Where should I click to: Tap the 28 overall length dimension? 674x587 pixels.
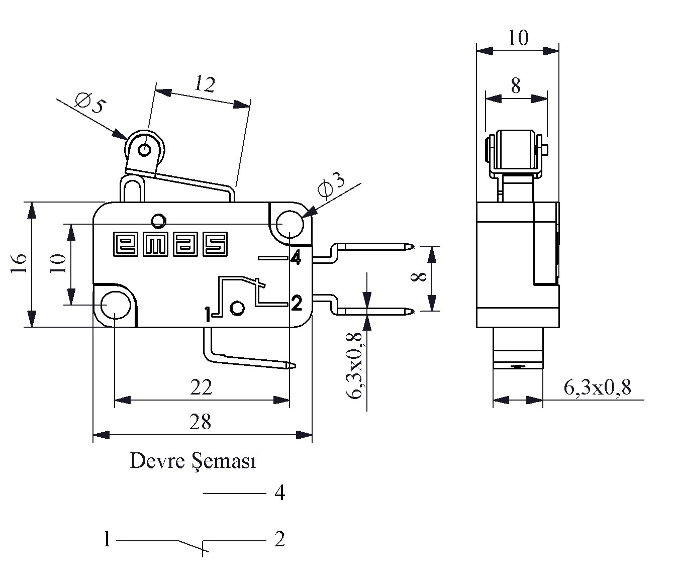click(x=200, y=423)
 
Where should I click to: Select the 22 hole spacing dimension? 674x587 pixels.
click(x=201, y=387)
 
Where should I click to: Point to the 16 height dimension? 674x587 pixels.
click(x=18, y=263)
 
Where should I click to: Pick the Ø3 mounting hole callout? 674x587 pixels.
click(x=332, y=187)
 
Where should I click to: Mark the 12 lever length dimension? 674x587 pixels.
click(x=205, y=84)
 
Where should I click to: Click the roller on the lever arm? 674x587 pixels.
click(x=145, y=149)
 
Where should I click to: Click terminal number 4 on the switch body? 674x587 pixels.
click(x=296, y=258)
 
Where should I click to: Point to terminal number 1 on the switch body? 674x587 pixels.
click(x=207, y=315)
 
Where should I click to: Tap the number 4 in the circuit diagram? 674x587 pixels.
click(x=280, y=493)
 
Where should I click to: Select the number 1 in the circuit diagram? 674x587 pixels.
click(x=107, y=539)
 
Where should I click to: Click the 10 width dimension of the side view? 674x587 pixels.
click(x=518, y=38)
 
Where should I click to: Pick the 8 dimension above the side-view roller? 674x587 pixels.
click(x=516, y=86)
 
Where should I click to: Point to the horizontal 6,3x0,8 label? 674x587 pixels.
click(x=598, y=387)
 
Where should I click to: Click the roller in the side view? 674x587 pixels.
click(x=516, y=150)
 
